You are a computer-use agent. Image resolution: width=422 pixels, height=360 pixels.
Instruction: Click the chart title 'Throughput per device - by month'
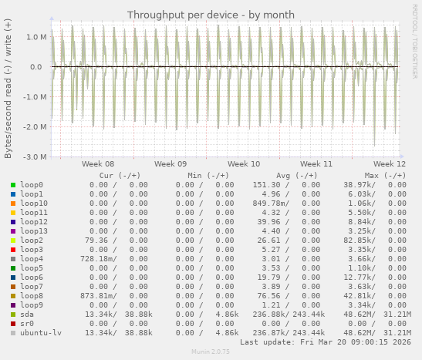[211, 15]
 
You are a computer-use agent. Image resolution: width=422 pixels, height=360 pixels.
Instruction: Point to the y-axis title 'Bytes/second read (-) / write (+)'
[8, 88]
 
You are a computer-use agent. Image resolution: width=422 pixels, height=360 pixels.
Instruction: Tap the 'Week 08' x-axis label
[98, 163]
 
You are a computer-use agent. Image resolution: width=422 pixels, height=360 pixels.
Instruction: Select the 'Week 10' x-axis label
[244, 163]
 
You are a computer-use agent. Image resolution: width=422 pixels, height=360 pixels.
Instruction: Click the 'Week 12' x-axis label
[390, 163]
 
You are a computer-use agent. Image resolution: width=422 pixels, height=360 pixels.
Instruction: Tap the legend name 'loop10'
[34, 204]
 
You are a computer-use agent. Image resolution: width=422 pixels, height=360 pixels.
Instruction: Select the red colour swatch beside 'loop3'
[13, 250]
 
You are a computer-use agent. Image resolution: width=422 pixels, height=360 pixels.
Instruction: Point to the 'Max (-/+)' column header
[385, 176]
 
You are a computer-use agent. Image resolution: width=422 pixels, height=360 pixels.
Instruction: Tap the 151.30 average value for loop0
[269, 185]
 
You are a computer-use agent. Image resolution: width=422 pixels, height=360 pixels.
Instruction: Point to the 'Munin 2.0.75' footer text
[211, 352]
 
